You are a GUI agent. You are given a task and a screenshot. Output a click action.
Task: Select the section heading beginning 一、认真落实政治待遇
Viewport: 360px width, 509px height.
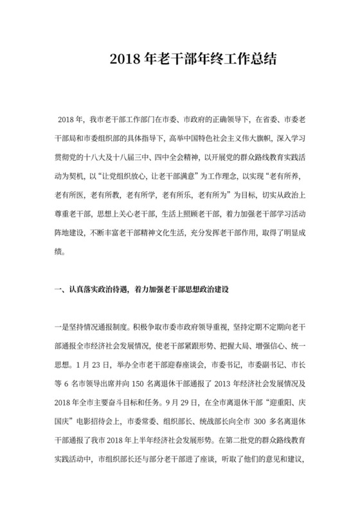[x=140, y=290]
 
